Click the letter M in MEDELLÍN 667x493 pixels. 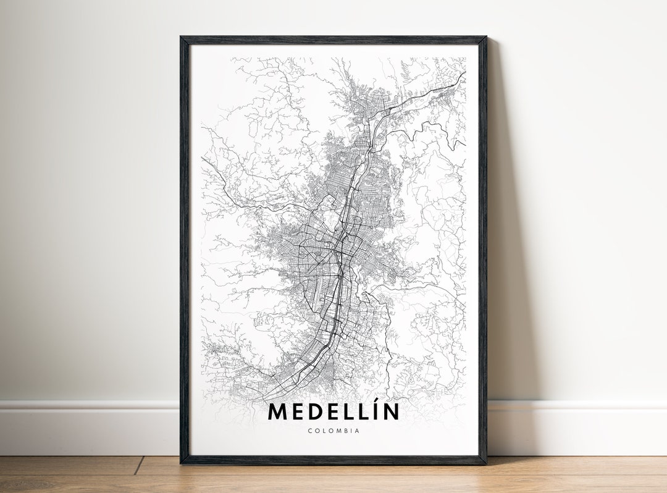277,412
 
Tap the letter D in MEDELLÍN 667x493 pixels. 314,412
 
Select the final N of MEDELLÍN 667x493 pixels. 390,412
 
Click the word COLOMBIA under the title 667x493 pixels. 333,431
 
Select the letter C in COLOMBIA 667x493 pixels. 309,431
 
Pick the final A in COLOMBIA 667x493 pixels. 357,431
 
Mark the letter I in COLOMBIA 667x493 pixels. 350,431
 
